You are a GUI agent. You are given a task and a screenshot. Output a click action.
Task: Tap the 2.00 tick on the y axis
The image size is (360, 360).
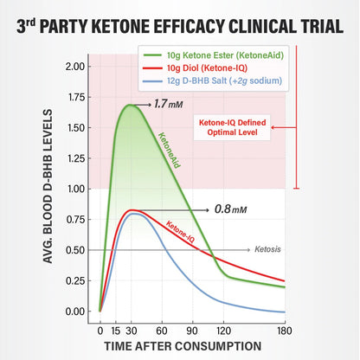pos(74,67)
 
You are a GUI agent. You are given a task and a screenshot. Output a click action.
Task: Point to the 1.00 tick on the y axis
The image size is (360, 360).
pos(74,189)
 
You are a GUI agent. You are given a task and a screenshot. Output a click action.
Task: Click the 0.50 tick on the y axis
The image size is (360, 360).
pos(74,250)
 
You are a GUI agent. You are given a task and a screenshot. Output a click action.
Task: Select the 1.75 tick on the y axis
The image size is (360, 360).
pos(74,97)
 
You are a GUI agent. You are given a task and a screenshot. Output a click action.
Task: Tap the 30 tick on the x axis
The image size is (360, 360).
pos(131,330)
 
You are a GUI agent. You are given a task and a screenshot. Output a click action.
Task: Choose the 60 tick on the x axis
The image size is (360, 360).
pos(162,330)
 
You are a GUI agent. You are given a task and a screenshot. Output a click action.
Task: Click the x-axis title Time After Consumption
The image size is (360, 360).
pos(192,346)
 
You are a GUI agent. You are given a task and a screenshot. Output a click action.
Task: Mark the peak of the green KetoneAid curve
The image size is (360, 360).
pos(131,105)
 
